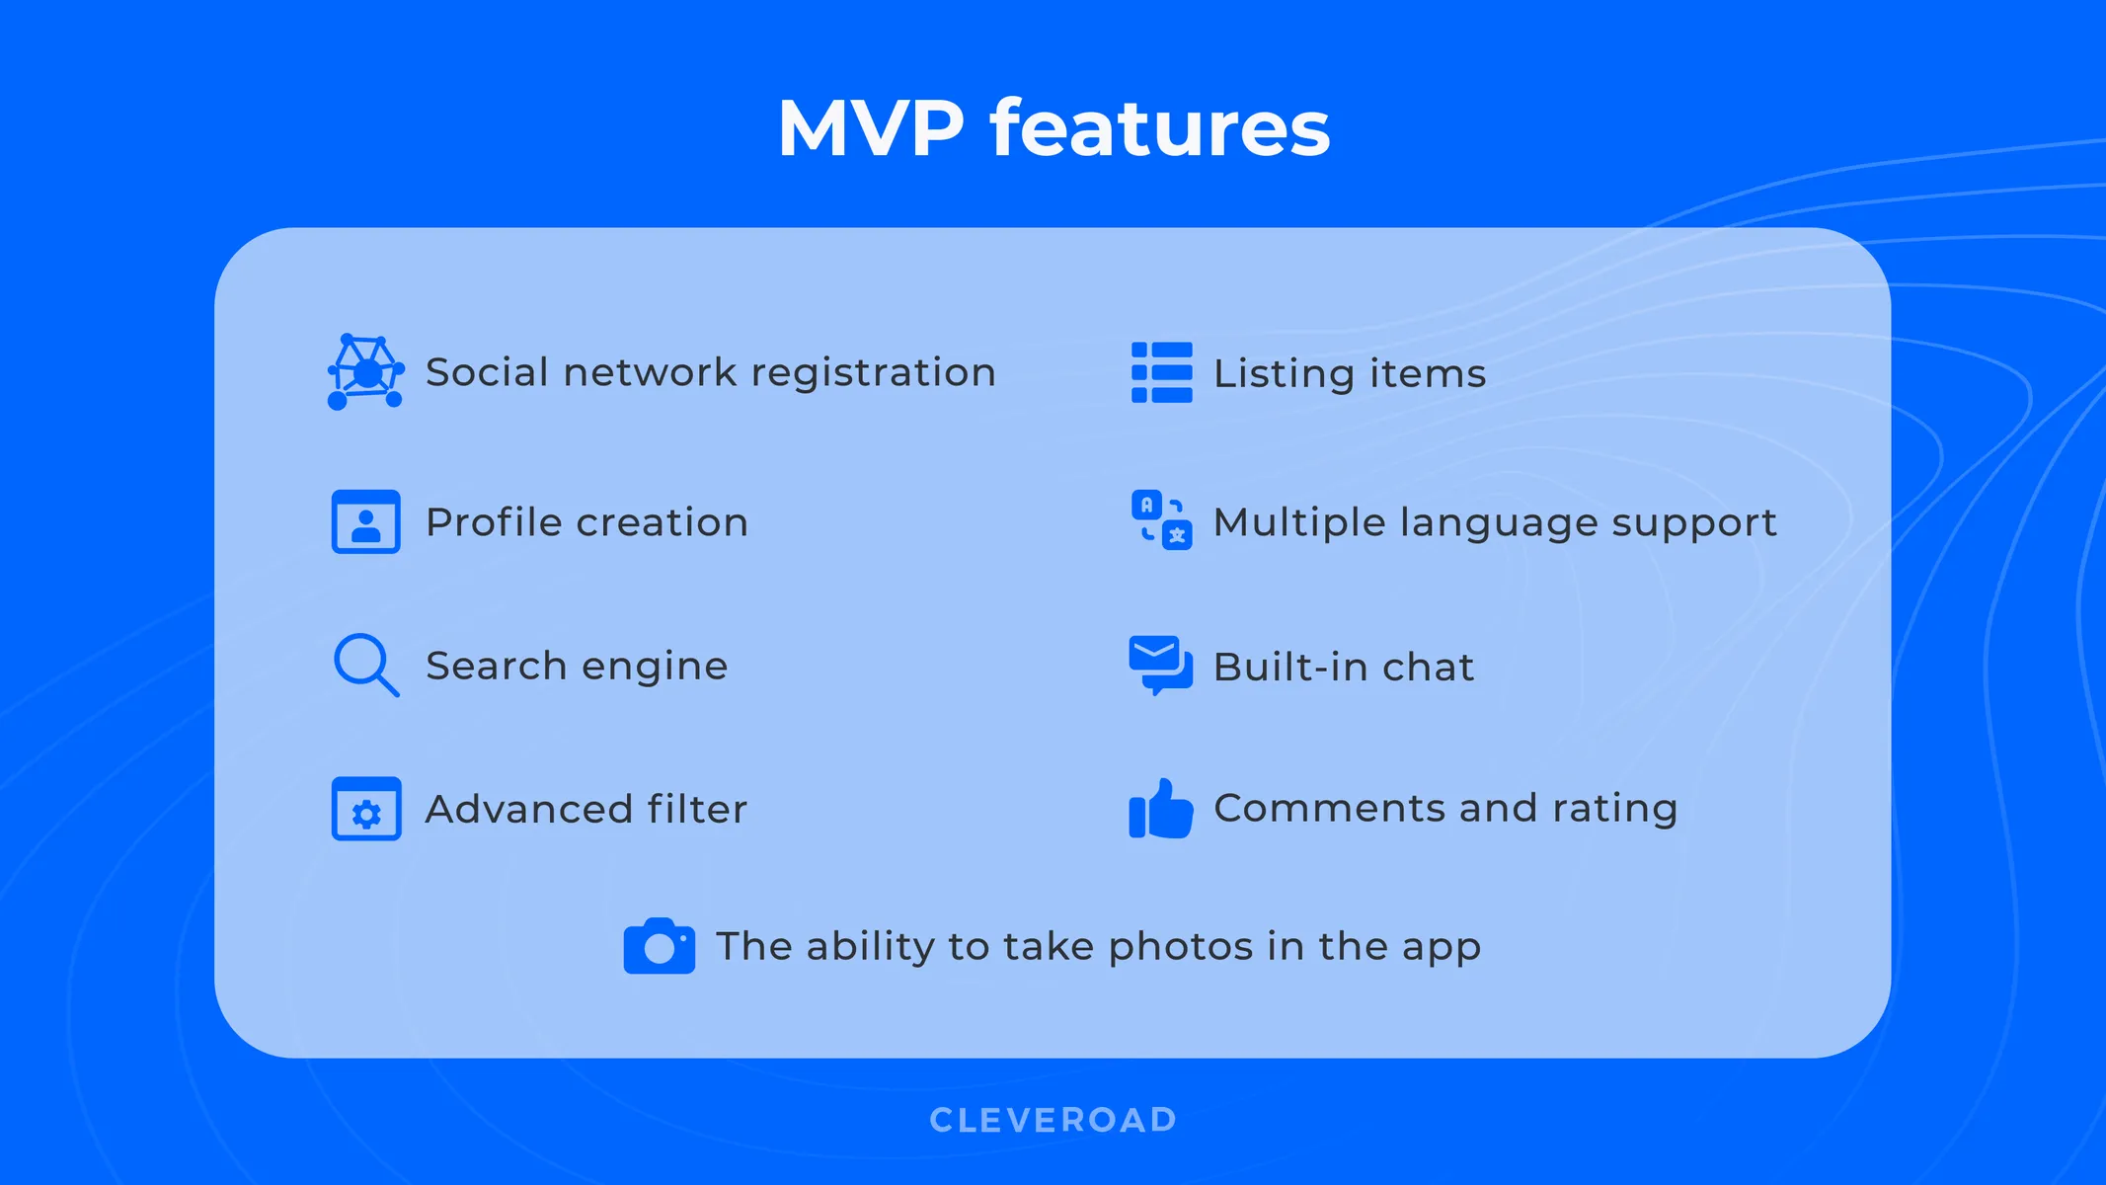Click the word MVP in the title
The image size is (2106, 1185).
point(870,128)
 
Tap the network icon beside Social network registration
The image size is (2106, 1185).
point(365,372)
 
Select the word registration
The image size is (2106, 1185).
point(873,373)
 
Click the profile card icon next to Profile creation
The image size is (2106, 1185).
point(365,521)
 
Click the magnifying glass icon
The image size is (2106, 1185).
point(365,665)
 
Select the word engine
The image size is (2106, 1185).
point(654,667)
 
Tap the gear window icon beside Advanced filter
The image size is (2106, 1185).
point(365,809)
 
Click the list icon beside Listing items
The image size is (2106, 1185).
point(1161,372)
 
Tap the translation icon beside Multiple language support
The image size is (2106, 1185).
point(1161,520)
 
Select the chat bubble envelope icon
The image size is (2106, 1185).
point(1160,665)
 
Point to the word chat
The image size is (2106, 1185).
point(1428,668)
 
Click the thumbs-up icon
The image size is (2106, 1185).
point(1160,809)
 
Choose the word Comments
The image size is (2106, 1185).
point(1329,808)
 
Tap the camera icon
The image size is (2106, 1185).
point(659,946)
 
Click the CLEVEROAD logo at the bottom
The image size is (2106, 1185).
point(1053,1120)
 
